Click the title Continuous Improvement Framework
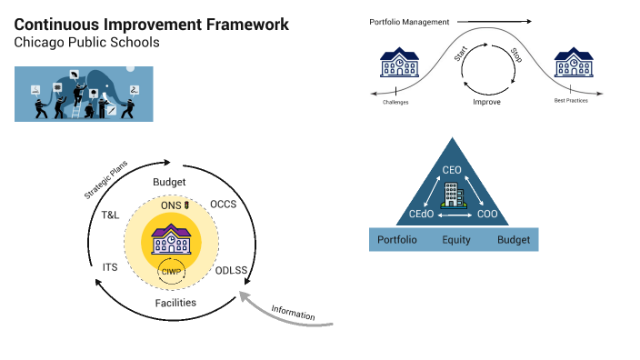[x=152, y=25]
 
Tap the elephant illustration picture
[x=84, y=94]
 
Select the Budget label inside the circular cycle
[x=169, y=182]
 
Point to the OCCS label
[x=223, y=204]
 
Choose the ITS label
[x=110, y=267]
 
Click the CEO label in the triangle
[x=452, y=171]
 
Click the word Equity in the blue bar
[x=456, y=240]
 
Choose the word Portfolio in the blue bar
[x=397, y=240]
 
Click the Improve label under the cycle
[x=486, y=103]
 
